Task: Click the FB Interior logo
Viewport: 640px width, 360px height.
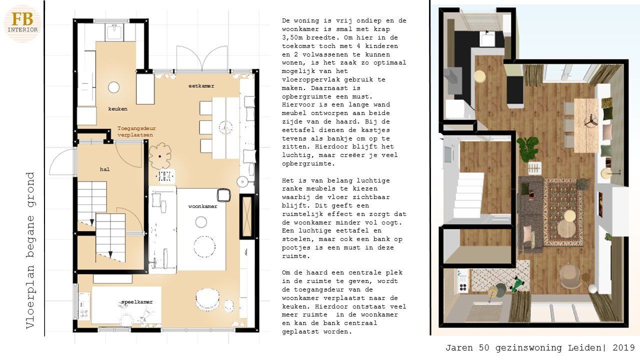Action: point(22,23)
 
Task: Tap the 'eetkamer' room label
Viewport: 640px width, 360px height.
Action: point(201,85)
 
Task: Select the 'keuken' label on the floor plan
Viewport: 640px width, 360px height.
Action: point(117,109)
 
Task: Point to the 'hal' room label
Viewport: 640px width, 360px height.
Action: point(104,169)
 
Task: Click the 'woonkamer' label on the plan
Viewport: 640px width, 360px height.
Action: point(202,206)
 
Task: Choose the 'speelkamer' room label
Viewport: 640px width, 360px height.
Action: point(137,302)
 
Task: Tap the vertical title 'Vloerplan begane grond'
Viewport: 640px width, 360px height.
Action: point(30,250)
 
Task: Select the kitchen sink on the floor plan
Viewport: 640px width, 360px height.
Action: point(115,31)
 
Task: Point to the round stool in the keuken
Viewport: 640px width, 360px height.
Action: point(113,87)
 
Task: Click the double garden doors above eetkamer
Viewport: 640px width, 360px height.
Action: point(202,58)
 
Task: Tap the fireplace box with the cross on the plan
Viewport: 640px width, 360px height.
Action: point(247,216)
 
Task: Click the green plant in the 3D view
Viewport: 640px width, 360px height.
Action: point(527,148)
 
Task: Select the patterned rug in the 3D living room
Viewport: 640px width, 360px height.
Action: point(563,212)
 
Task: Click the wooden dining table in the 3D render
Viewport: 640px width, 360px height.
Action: point(586,125)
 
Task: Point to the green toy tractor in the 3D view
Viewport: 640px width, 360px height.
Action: point(517,284)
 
